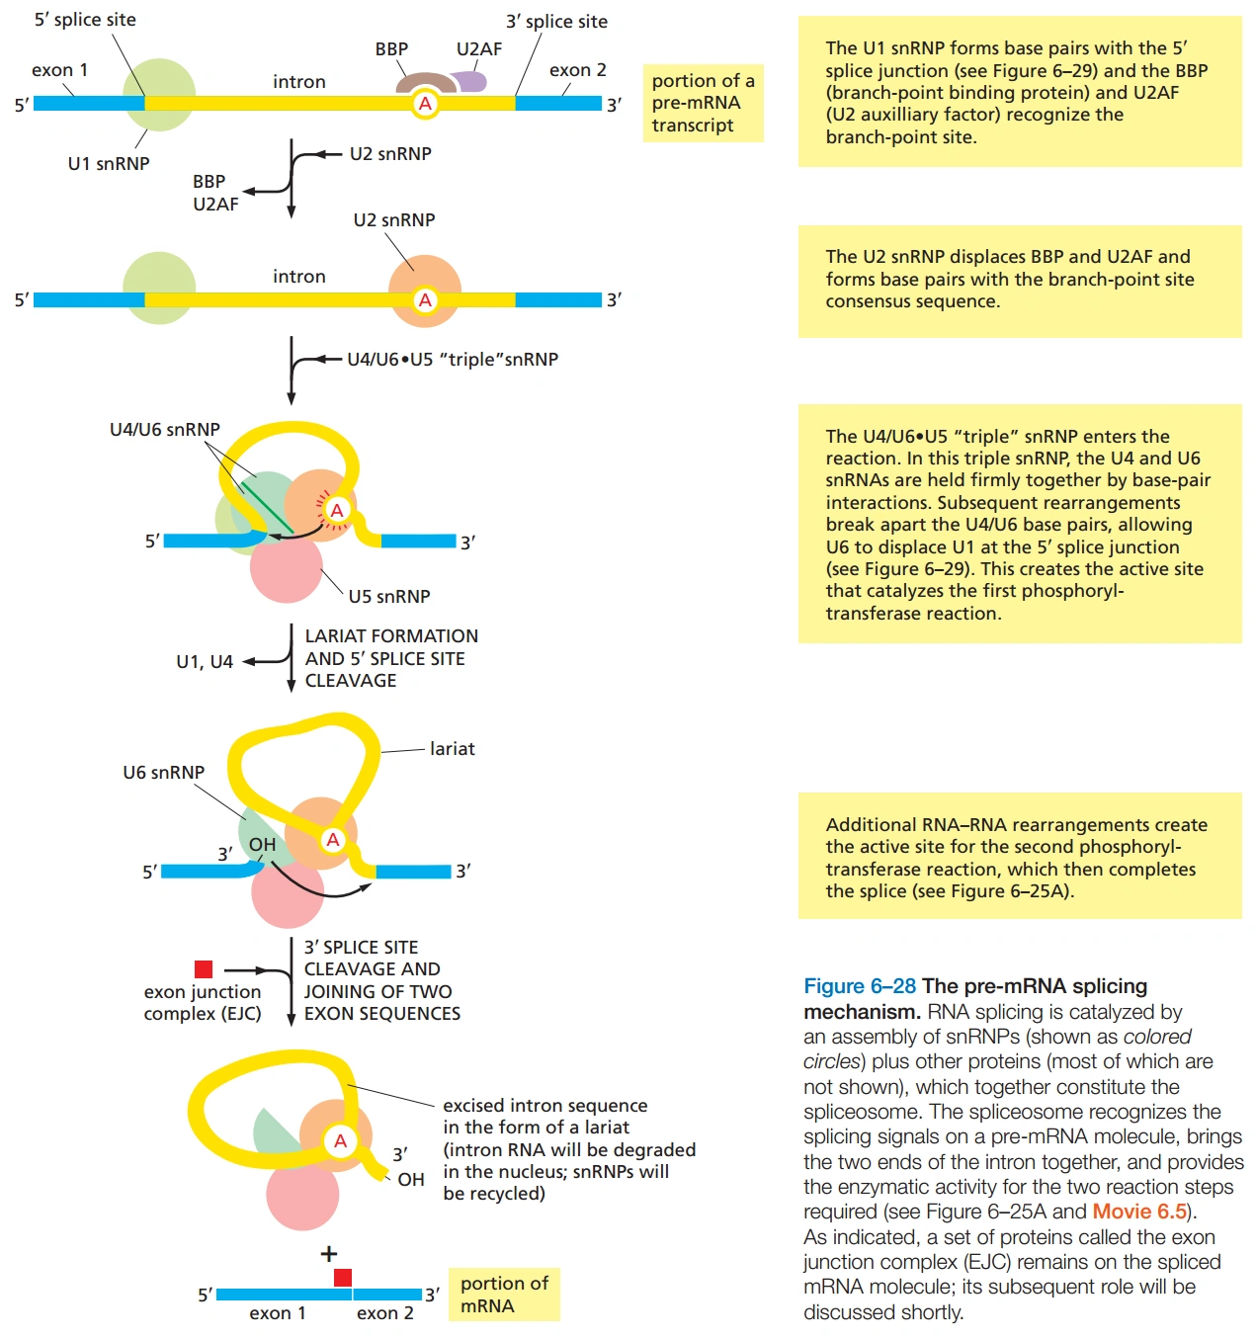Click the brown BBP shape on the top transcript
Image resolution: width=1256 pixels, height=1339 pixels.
pos(426,80)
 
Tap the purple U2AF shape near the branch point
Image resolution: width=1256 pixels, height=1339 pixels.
pos(470,81)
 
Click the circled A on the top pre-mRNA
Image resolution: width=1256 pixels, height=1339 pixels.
pos(425,104)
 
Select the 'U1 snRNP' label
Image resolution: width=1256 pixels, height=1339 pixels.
pos(109,164)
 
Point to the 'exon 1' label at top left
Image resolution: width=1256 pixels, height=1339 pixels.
pos(59,70)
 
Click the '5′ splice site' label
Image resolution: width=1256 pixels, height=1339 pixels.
pos(85,20)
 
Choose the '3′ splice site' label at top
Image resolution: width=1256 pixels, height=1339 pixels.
pos(556,22)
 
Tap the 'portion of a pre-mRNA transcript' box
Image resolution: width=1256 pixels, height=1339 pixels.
pos(703,103)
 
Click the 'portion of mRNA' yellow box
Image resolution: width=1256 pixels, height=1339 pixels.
pos(504,1295)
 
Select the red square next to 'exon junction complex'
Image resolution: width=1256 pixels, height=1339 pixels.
pos(204,969)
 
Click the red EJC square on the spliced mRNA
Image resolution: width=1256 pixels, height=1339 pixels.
pos(343,1278)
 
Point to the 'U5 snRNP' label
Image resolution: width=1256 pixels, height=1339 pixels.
pos(389,597)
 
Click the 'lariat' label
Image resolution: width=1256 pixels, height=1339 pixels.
pos(452,749)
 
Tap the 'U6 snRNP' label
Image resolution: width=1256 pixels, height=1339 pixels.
pos(163,773)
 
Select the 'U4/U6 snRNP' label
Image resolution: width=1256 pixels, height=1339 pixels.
pos(165,430)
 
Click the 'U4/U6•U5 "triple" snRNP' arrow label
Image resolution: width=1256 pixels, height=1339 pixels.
pos(453,360)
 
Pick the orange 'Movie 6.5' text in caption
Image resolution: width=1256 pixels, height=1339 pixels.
pos(1138,1212)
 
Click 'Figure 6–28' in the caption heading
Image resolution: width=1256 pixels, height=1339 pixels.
pos(859,986)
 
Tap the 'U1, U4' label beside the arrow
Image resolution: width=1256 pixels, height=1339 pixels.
pos(205,662)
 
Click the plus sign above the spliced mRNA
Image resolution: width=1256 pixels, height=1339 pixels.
pos(329,1254)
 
